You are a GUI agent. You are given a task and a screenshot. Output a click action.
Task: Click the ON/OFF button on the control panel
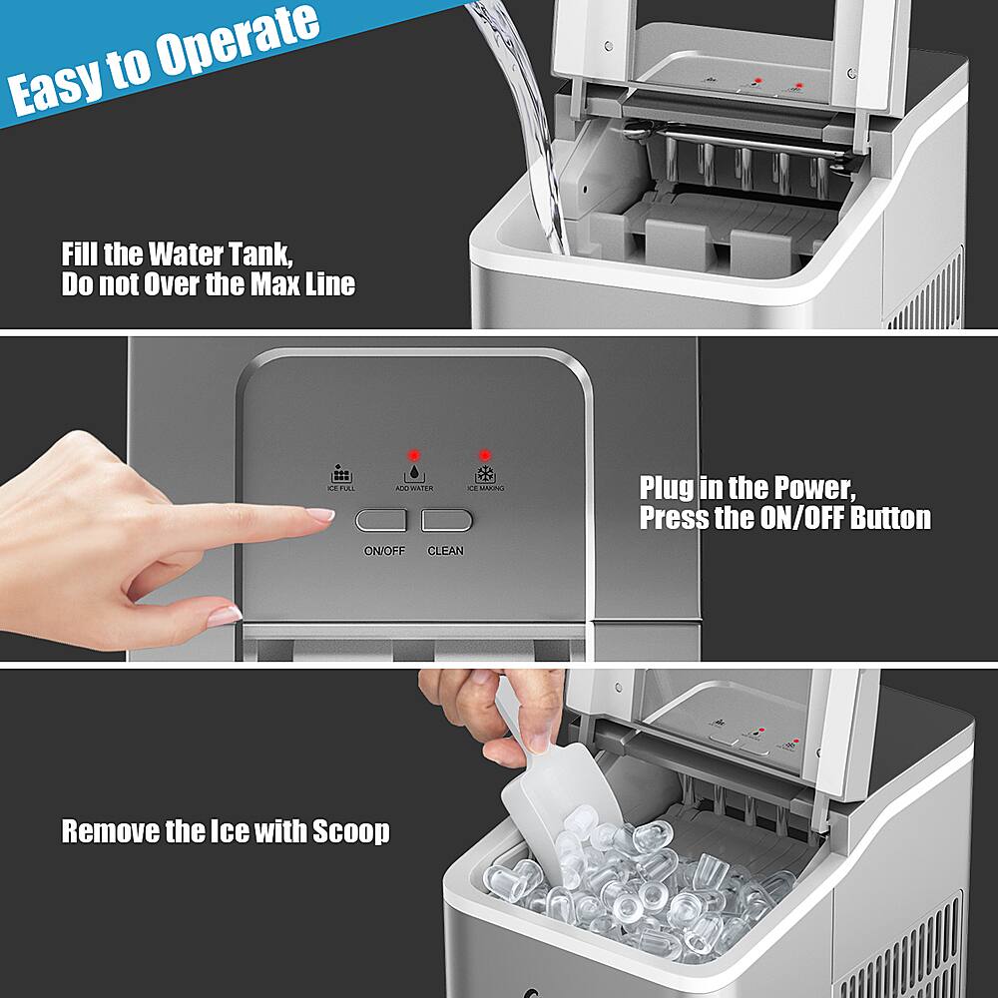(381, 520)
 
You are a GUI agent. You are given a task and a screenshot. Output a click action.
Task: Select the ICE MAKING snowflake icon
(484, 472)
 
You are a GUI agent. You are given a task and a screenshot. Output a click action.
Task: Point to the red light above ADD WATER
(412, 453)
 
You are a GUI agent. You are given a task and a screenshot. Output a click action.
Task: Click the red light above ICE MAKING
(484, 453)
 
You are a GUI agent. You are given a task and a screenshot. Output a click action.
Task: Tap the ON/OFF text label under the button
(384, 551)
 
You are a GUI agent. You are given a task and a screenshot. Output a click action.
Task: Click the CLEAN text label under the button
(445, 551)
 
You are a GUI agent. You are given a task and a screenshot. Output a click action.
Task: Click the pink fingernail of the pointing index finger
(320, 515)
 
